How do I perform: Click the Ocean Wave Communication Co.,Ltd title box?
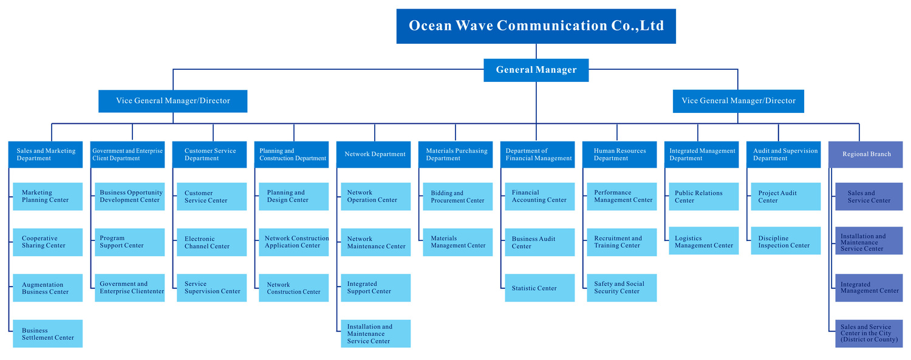pos(536,26)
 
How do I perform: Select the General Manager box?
pos(536,70)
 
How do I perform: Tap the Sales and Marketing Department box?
pos(46,154)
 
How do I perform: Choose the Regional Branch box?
pos(866,154)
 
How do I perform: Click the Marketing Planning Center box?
pos(47,196)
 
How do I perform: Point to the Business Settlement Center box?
pos(47,334)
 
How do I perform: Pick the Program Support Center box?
pos(129,242)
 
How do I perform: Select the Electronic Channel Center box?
pos(211,242)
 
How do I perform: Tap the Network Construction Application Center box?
pos(293,242)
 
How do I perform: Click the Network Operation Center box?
pos(375,196)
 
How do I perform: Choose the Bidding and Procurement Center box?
pos(457,197)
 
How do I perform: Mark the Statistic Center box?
pos(539,288)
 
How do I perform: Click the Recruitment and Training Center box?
pos(621,242)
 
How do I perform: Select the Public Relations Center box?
pos(703,197)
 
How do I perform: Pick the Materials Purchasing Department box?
pos(456,154)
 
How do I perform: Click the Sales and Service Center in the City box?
pos(868,333)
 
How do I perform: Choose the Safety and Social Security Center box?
pos(621,288)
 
